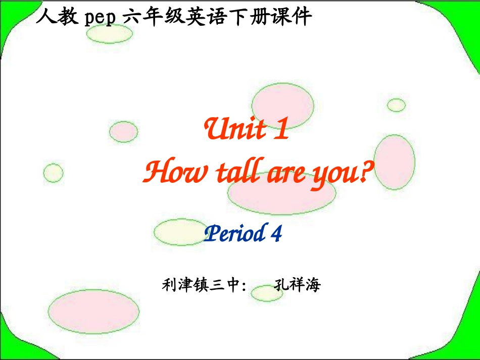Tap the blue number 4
pos(275,234)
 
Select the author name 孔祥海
pos(297,285)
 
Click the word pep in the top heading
pos(99,18)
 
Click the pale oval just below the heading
pos(109,34)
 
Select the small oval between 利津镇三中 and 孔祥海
pos(263,293)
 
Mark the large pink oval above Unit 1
pos(282,104)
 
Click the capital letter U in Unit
pos(215,130)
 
